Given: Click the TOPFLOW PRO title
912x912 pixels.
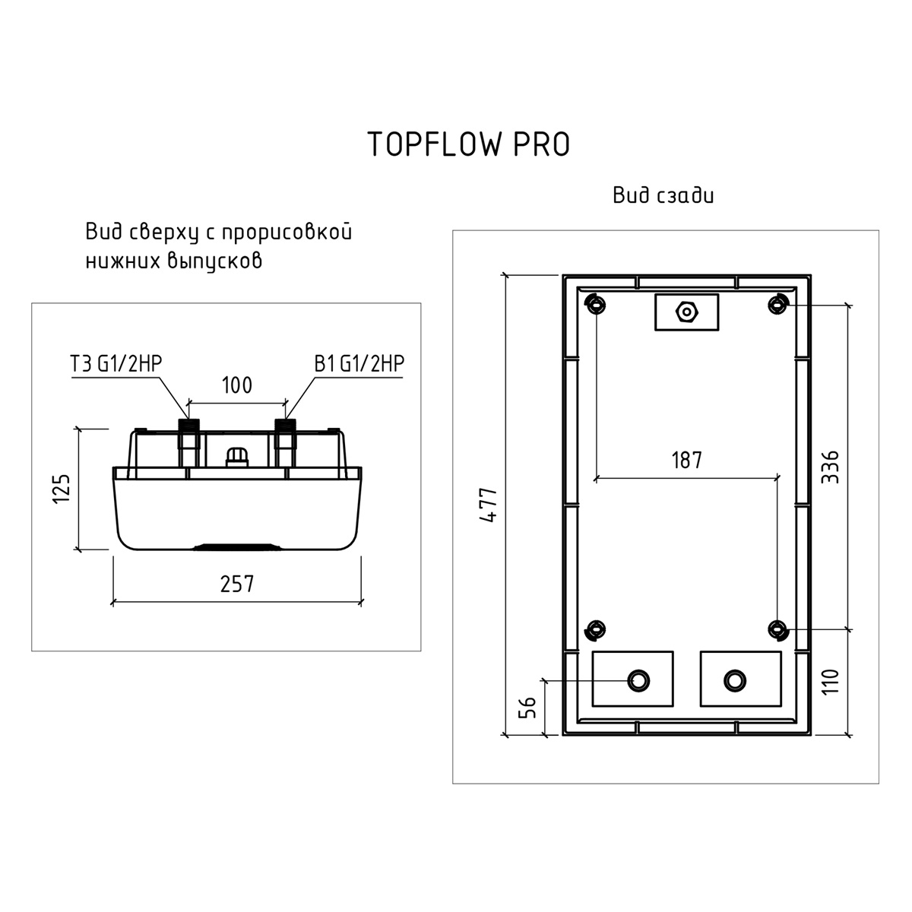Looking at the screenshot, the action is tap(469, 144).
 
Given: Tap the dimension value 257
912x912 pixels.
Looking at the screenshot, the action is tap(236, 584).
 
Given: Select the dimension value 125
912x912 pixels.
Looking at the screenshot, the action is tap(62, 489).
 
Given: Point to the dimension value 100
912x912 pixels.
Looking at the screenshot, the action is tap(237, 385).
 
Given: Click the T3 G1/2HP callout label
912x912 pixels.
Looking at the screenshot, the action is tap(116, 363).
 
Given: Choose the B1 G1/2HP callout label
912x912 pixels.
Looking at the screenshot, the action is tap(359, 363).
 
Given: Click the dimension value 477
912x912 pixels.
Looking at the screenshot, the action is tap(489, 505).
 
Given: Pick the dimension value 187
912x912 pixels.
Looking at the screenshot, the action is tap(687, 460).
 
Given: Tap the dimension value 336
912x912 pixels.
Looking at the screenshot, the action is tap(830, 467).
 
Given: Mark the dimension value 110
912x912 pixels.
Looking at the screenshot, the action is tap(830, 682).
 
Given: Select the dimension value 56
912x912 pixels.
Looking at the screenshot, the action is tap(527, 708).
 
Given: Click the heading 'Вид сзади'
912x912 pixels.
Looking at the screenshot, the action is tap(663, 195).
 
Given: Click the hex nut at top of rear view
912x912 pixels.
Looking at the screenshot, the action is tap(687, 312).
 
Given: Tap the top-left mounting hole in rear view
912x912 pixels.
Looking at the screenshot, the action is tap(595, 304).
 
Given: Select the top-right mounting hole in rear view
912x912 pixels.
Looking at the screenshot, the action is tap(777, 304).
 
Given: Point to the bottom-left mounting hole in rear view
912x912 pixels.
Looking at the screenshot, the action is tap(595, 630).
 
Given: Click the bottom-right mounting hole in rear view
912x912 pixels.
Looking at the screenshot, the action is tap(777, 630).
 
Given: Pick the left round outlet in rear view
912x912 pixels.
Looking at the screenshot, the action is tap(638, 681).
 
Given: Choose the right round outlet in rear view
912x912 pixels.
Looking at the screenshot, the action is tap(735, 681).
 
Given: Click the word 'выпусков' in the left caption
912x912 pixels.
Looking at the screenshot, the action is tap(215, 261).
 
